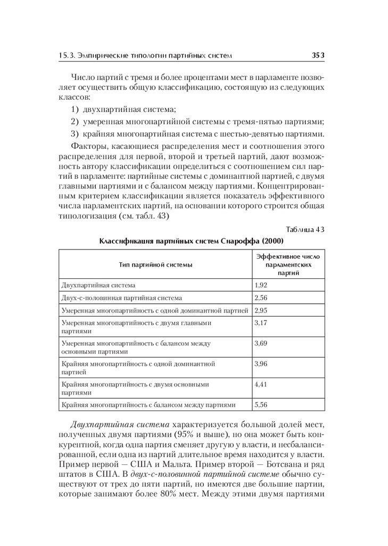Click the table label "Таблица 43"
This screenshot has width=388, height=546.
(x=304, y=229)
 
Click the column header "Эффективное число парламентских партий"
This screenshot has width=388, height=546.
(x=288, y=264)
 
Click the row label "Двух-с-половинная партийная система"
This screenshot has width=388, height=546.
(x=122, y=298)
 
